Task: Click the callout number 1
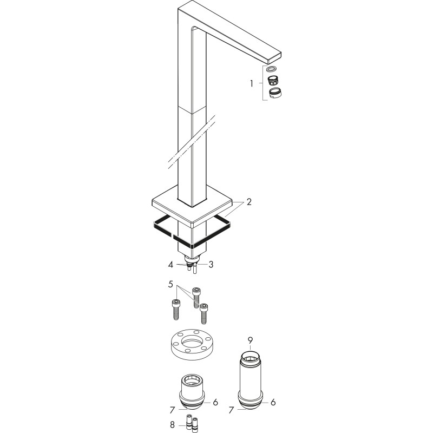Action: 251,83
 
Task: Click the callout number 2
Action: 249,202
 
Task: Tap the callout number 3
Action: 211,265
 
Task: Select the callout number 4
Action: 170,265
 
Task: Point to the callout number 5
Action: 170,284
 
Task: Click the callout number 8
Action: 172,425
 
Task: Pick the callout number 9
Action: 250,340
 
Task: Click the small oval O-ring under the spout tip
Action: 272,69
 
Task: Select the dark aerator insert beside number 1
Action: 273,81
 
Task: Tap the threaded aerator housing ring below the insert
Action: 275,93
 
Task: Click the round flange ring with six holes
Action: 192,344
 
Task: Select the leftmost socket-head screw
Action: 176,310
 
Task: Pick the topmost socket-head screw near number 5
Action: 196,298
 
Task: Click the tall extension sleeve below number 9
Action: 250,383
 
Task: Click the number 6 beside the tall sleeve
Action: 273,402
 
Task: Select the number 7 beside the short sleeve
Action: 172,410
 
